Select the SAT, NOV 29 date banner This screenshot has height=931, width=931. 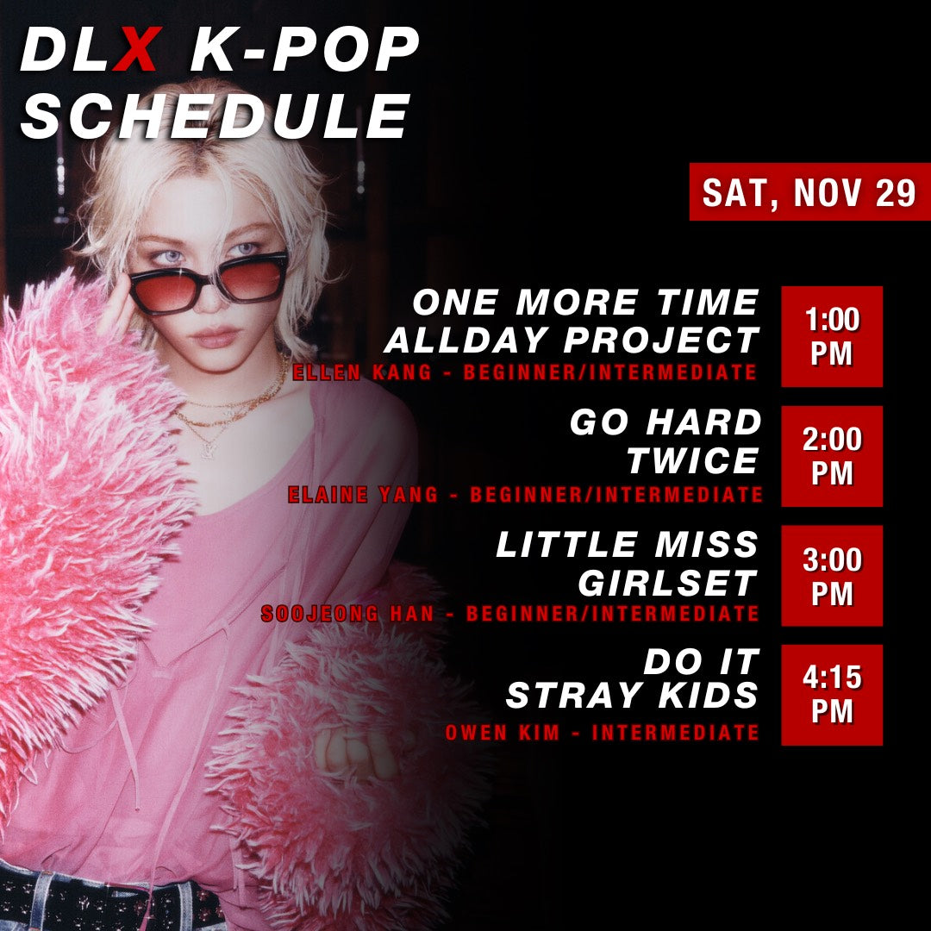[809, 192]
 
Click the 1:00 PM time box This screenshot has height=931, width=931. [832, 336]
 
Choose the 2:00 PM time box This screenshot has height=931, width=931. [832, 456]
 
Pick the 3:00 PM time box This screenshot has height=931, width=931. [832, 576]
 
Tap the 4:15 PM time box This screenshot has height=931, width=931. [832, 695]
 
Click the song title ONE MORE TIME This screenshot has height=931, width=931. [586, 303]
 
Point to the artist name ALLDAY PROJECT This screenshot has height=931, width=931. [572, 341]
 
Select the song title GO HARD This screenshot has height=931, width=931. [665, 423]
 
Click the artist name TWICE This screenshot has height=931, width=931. [692, 461]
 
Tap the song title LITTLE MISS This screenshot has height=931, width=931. [628, 545]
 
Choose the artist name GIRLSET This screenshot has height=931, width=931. [668, 583]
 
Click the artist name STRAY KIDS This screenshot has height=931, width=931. [632, 696]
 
